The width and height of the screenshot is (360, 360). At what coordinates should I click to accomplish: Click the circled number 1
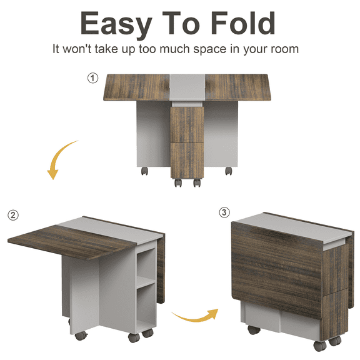93,78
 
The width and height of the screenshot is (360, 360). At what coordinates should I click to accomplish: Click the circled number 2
13,215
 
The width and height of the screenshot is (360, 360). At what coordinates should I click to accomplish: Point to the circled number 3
224,212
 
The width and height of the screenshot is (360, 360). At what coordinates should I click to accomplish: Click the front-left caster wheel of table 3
254,330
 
